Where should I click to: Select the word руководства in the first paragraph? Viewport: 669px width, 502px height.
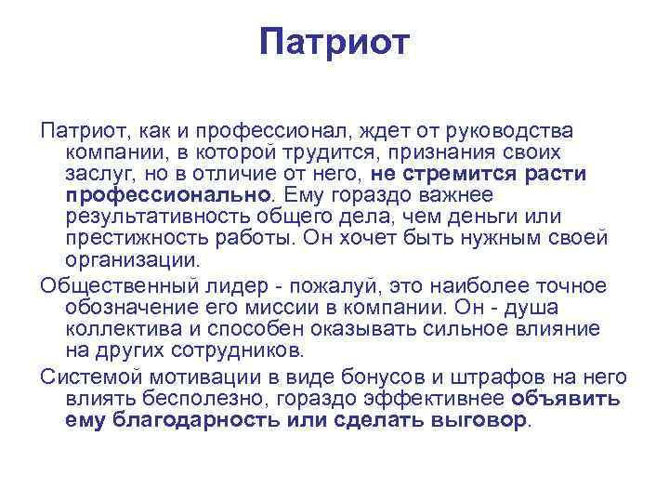pyautogui.click(x=519, y=130)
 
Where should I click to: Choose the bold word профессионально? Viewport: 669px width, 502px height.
pyautogui.click(x=170, y=195)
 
